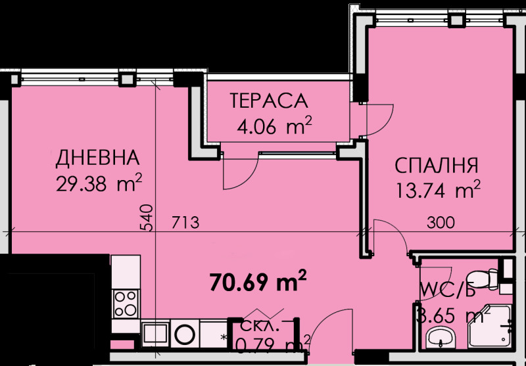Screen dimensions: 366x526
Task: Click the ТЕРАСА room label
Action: click(x=268, y=101)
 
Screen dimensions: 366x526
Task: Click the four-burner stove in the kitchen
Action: click(x=125, y=304)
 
